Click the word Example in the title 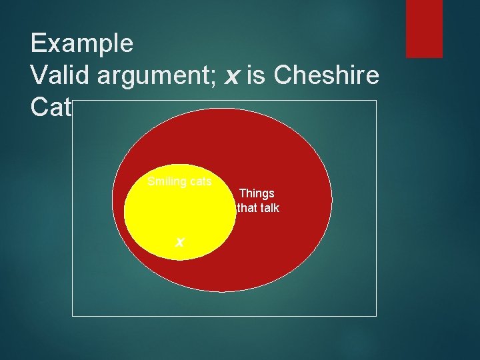[x=81, y=44]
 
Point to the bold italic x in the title [x=232, y=76]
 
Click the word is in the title [x=256, y=75]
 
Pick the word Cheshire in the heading [x=327, y=75]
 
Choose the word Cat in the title [x=51, y=107]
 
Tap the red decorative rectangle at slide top [x=424, y=29]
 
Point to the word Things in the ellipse [x=257, y=193]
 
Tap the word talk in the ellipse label [x=269, y=208]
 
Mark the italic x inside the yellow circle [x=179, y=241]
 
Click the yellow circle [x=179, y=213]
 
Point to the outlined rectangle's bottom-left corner [x=73, y=315]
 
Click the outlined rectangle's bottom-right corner [x=376, y=315]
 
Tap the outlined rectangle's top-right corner [x=376, y=101]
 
